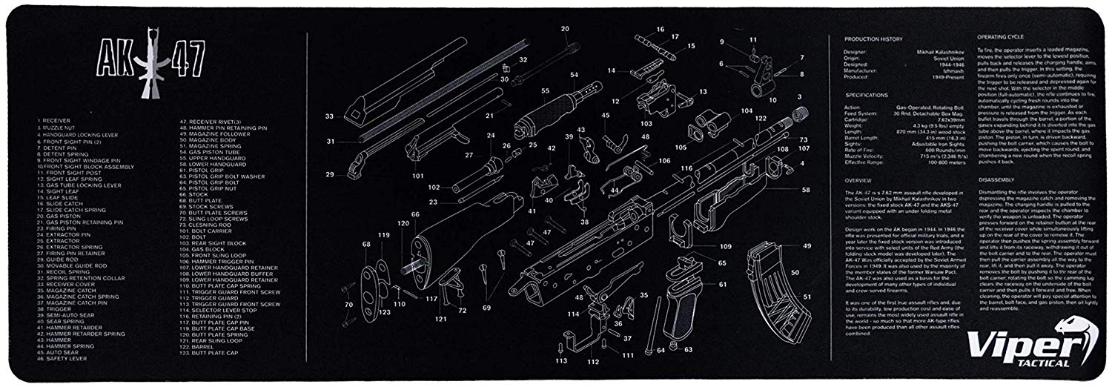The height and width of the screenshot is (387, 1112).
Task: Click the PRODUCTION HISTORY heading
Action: tap(870, 38)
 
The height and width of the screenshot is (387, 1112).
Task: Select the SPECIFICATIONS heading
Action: tap(867, 95)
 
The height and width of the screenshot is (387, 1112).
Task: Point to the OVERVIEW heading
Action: tap(857, 180)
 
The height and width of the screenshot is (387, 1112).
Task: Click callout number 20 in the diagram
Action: tap(565, 28)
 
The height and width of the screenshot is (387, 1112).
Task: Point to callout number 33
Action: tap(329, 116)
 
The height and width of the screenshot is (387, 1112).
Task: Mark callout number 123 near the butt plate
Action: tap(385, 312)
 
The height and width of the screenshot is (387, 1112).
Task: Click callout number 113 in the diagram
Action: tap(561, 361)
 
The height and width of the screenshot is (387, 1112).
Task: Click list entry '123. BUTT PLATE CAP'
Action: tap(213, 352)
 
